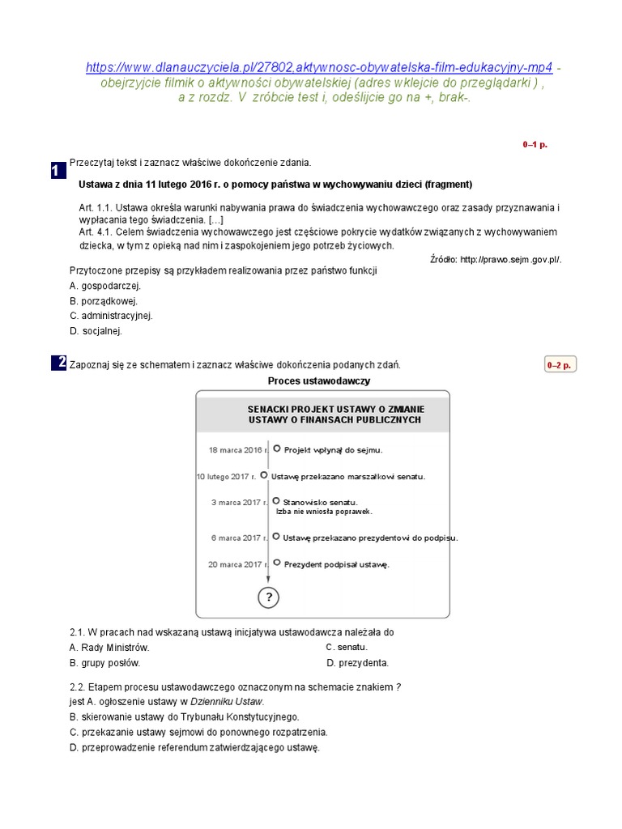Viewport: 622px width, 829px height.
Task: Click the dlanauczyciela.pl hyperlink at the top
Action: click(319, 67)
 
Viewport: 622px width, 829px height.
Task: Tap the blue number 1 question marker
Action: click(58, 170)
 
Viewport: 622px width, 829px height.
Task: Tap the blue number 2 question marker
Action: click(58, 363)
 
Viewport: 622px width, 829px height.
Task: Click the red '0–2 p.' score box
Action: click(559, 365)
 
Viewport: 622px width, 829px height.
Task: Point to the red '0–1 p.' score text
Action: click(535, 144)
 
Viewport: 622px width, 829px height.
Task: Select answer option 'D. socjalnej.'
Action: click(96, 331)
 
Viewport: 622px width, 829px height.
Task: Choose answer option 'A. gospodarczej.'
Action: click(105, 286)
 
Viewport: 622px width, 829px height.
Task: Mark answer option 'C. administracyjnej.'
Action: click(111, 316)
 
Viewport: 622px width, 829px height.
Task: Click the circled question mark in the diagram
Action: click(269, 598)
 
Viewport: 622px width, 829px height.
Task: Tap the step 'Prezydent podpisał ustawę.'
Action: click(336, 564)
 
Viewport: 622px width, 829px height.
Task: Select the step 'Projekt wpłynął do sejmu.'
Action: click(333, 449)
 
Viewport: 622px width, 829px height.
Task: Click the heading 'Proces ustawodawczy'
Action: click(319, 380)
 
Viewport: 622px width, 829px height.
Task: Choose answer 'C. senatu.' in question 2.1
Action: click(347, 648)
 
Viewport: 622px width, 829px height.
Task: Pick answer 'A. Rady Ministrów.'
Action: click(109, 648)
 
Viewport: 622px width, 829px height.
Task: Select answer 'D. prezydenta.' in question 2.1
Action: click(358, 663)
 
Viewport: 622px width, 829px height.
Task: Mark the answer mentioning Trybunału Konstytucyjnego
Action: click(185, 716)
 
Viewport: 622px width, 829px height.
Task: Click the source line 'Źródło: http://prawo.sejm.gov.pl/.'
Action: click(496, 259)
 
